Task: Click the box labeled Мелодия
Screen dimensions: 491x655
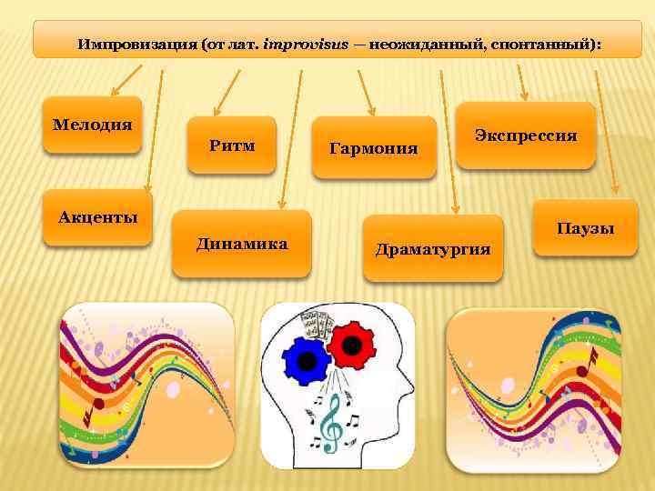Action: [x=92, y=124]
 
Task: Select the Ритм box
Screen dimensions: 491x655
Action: [x=231, y=145]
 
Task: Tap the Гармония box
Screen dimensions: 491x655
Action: [x=373, y=147]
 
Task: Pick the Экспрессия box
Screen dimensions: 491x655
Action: [x=525, y=135]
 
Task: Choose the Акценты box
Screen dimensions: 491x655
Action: [x=98, y=217]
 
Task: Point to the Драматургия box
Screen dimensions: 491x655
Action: [x=432, y=248]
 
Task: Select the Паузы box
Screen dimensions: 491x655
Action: [x=585, y=228]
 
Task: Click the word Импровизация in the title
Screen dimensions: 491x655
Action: [x=133, y=44]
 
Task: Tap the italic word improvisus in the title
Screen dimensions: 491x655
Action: [x=305, y=44]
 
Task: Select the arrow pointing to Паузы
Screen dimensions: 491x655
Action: [x=606, y=127]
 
